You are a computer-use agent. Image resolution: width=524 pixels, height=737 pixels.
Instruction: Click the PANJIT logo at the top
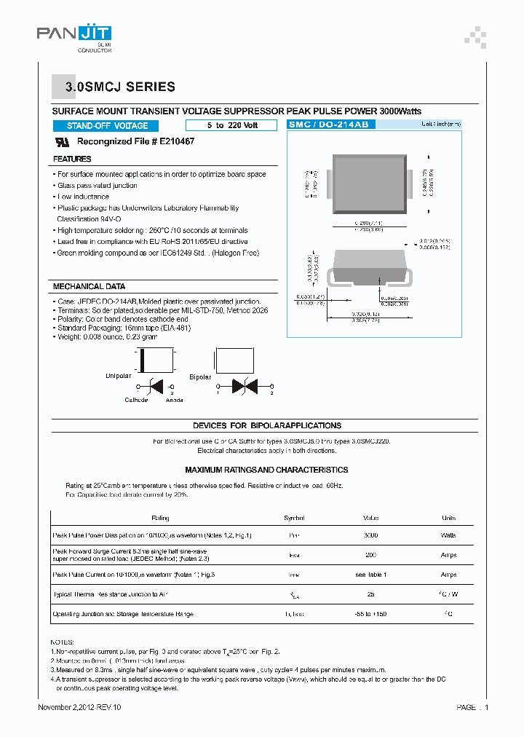(x=74, y=33)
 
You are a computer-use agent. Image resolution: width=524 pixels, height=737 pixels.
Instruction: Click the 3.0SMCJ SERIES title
(x=120, y=87)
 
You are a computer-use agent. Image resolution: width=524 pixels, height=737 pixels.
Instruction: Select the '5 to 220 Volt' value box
(x=231, y=125)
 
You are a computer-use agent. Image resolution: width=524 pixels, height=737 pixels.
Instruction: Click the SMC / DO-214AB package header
(x=329, y=125)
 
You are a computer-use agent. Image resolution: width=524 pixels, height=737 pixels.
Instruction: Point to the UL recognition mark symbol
(x=62, y=142)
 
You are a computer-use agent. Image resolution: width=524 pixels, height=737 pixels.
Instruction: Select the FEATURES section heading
(x=72, y=159)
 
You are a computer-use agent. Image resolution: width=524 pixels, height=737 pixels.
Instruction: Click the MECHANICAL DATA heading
(x=89, y=286)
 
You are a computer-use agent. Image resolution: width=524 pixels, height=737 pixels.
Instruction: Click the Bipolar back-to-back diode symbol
(x=243, y=385)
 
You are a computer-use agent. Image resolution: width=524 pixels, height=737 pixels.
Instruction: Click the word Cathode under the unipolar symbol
(x=136, y=400)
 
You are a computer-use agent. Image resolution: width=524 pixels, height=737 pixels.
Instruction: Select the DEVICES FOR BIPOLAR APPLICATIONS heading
(x=266, y=425)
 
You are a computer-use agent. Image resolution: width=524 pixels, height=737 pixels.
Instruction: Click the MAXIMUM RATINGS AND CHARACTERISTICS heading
(x=266, y=470)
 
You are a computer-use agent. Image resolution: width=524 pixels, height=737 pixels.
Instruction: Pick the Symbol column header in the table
(x=294, y=518)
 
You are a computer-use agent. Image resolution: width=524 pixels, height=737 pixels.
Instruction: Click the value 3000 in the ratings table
(x=370, y=535)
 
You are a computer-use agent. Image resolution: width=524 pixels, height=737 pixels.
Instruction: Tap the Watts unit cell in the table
(x=448, y=535)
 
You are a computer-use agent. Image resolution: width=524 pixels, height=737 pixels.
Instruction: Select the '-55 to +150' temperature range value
(x=370, y=614)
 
